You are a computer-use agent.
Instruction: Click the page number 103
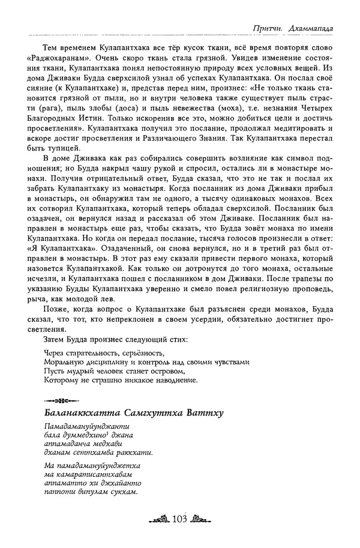pos(180,519)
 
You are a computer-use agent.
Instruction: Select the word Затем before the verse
pos(56,339)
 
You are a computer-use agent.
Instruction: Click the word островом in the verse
pos(170,371)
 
